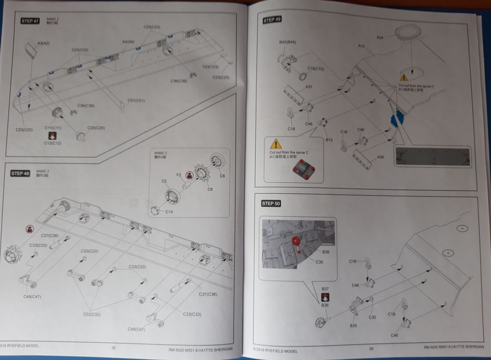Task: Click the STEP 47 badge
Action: [30, 21]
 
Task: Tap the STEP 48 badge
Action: [20, 173]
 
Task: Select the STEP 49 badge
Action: [272, 20]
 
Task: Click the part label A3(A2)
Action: [43, 43]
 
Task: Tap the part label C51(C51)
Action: [136, 101]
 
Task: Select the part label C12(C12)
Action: [53, 143]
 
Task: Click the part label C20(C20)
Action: [96, 128]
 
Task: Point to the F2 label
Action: [178, 175]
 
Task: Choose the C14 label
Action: [169, 212]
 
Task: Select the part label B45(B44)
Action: [288, 43]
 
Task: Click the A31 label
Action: [308, 87]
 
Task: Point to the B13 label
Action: [329, 140]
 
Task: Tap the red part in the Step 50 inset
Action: [297, 243]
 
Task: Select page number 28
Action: [113, 348]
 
